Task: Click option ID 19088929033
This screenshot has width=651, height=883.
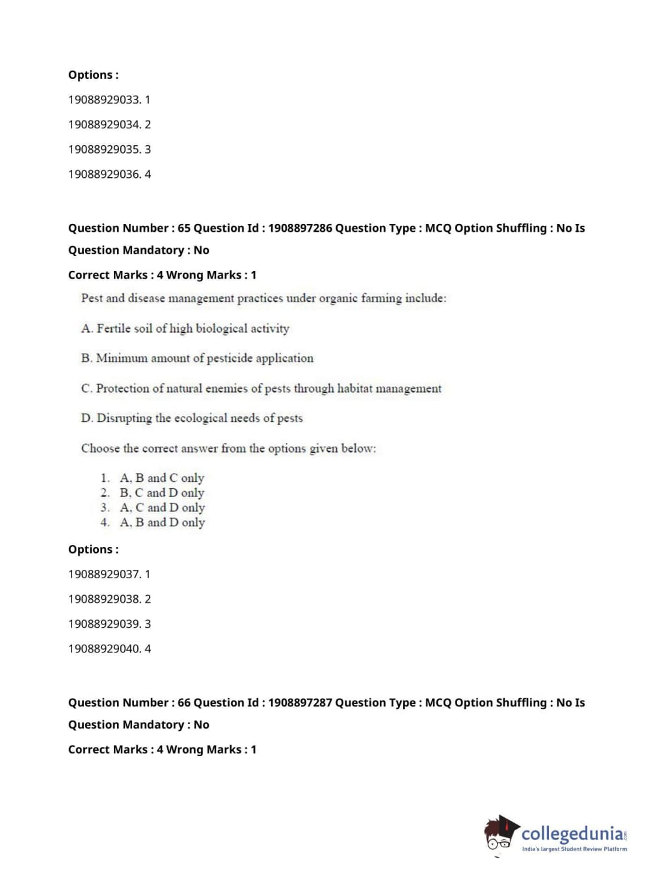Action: (x=109, y=100)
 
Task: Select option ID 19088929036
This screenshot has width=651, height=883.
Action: (x=109, y=174)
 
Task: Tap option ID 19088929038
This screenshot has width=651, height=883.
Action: (x=109, y=599)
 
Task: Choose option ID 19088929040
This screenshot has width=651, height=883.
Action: (x=109, y=649)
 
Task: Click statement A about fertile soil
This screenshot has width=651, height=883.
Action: (x=185, y=328)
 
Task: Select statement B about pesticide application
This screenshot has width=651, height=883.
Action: (x=197, y=358)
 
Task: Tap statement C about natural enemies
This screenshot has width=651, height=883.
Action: (x=261, y=389)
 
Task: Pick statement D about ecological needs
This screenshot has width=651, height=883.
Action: (x=192, y=418)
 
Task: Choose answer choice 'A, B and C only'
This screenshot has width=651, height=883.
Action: (x=162, y=478)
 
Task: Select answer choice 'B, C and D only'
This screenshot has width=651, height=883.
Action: (x=162, y=493)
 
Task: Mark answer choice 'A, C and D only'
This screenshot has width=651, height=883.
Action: (x=162, y=507)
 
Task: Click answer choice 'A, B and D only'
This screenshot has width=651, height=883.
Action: (x=162, y=522)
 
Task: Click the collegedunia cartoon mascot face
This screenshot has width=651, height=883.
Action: (x=500, y=834)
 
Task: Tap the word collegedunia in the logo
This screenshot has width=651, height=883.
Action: (x=572, y=834)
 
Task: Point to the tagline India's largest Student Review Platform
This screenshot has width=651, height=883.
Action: (x=574, y=849)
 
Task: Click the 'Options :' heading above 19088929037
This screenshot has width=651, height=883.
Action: (x=94, y=550)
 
